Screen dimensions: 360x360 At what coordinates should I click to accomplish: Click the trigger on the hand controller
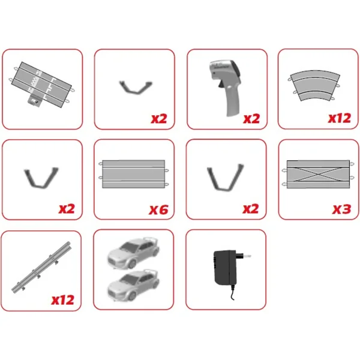point(221,85)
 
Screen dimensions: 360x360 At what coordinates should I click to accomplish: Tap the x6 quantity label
point(158,209)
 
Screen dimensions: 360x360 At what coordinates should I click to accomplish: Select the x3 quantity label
point(341,209)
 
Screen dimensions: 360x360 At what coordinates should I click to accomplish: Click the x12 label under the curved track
point(340,118)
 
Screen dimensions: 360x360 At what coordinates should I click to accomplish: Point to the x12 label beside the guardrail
point(62,300)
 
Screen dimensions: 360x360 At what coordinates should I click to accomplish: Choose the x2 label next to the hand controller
point(251,118)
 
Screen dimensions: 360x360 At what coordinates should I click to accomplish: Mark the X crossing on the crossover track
point(318,174)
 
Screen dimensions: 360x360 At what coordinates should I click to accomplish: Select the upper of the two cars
point(133,253)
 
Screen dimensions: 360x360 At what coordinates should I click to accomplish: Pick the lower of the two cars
point(133,285)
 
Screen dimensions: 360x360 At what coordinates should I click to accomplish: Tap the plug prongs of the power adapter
point(244,256)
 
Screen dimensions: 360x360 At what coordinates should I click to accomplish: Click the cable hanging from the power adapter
point(233,293)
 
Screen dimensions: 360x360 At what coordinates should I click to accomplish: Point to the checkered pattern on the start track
point(34,82)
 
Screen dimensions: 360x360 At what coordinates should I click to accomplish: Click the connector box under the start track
point(35,100)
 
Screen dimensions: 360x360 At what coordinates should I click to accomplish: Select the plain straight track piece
point(134,174)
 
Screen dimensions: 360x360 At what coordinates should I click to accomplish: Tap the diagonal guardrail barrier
point(41,266)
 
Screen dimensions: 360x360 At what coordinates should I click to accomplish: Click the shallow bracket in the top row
point(136,87)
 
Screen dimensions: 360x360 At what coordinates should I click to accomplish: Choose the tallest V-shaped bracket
point(225,178)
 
